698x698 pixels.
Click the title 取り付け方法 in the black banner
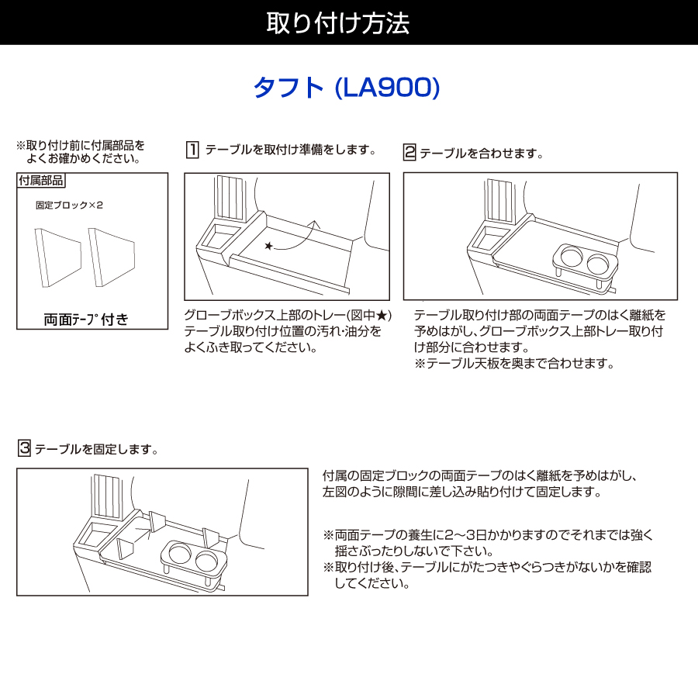point(338,23)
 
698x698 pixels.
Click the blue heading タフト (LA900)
point(347,87)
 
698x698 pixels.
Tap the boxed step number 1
point(192,150)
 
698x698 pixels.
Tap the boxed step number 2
point(409,152)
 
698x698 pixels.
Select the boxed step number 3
point(24,447)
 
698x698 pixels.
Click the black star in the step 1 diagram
point(268,246)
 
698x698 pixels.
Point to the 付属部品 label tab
point(41,180)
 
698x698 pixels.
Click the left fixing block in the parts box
point(58,257)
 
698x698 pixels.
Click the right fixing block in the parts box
point(112,257)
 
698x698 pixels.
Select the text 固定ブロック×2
point(70,206)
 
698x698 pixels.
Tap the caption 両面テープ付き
point(86,320)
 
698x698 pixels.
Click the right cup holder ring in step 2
point(598,264)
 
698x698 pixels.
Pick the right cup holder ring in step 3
point(206,560)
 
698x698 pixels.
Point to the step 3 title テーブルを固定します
point(97,449)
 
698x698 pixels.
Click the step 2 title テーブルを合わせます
point(481,154)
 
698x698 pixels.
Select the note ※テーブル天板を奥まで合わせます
point(514,364)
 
